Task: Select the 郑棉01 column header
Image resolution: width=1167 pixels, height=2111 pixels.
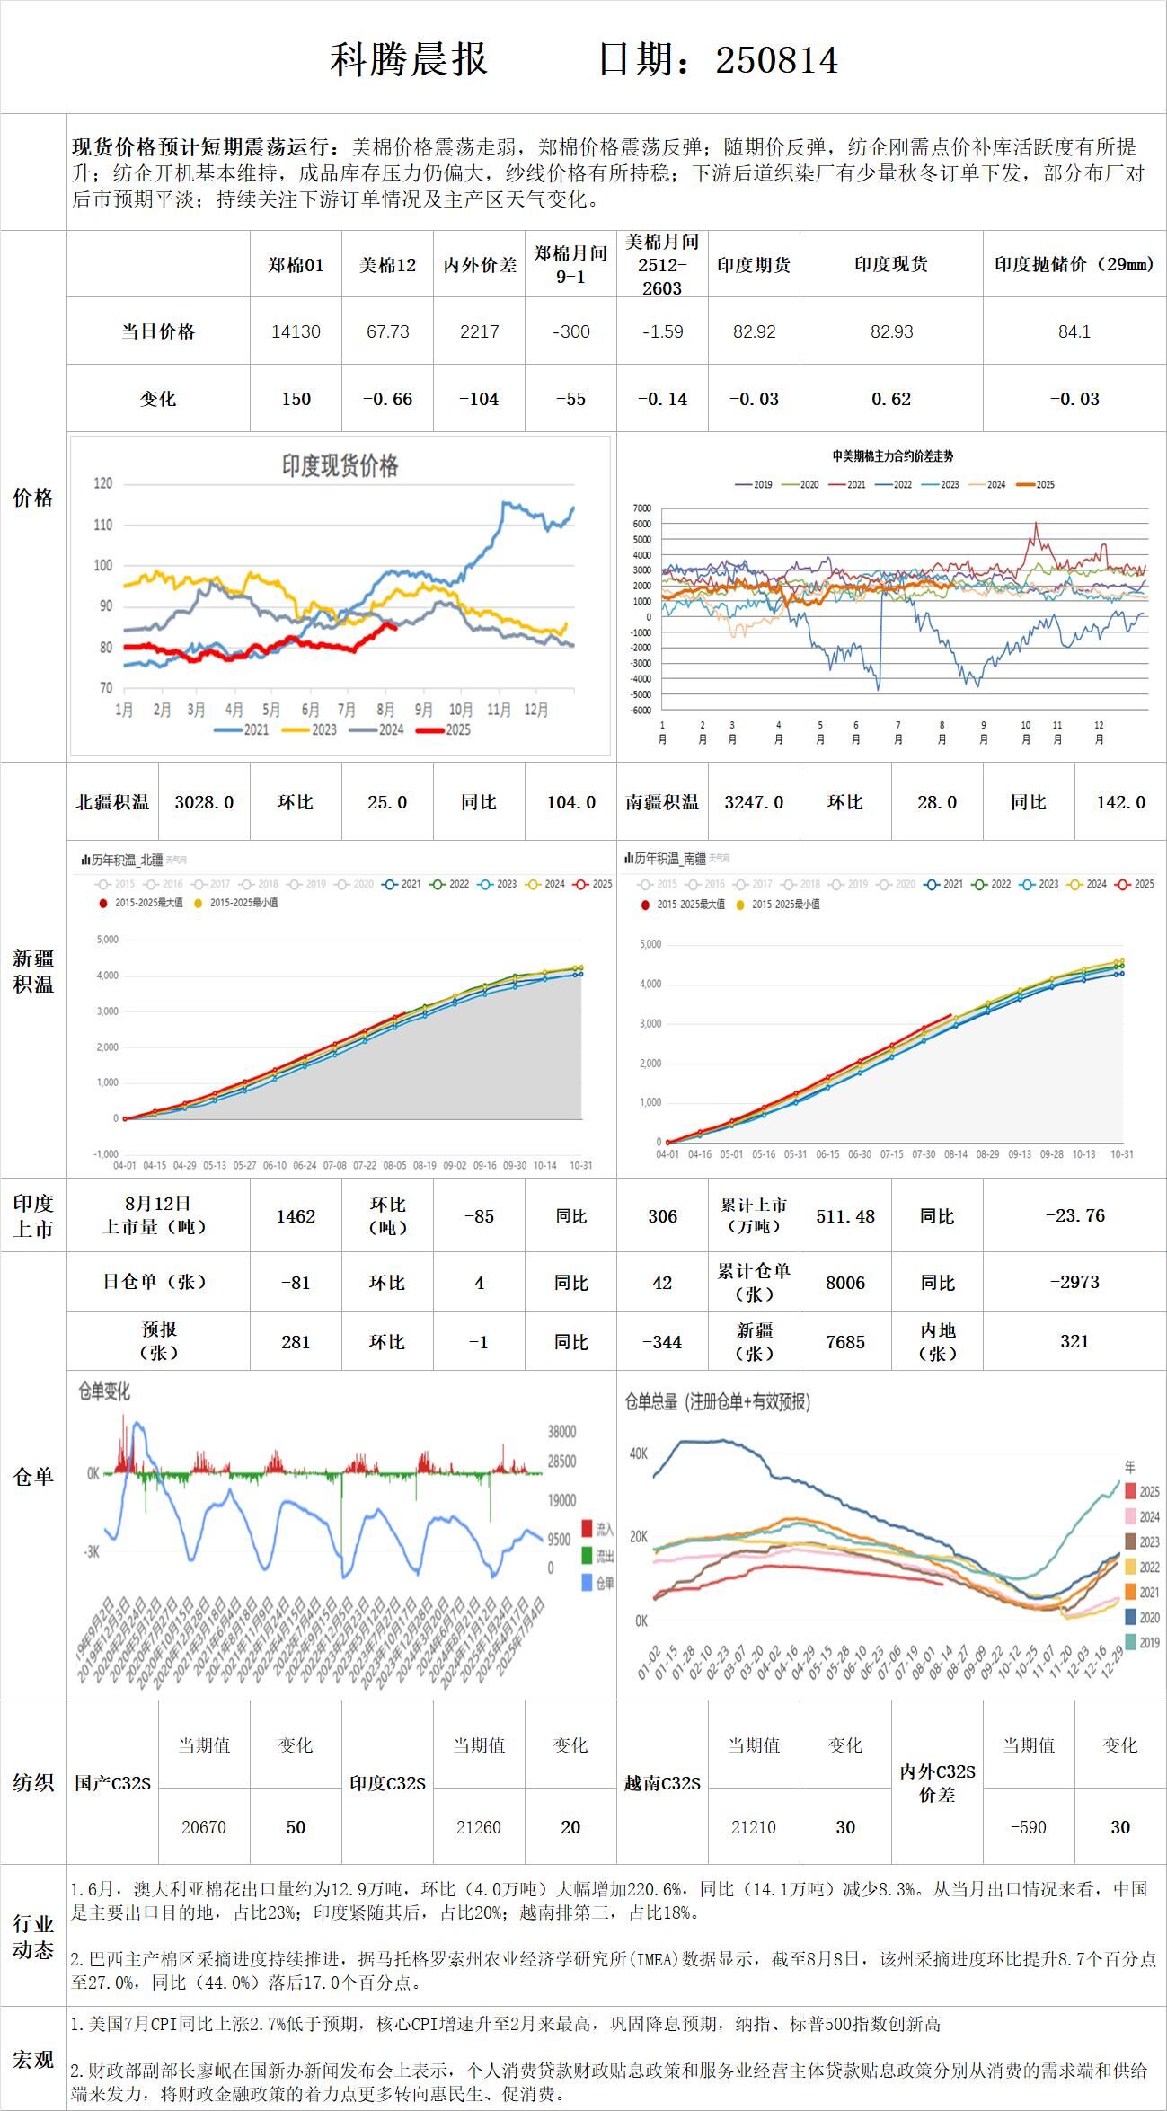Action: [296, 265]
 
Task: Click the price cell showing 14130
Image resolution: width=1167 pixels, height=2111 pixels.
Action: [296, 331]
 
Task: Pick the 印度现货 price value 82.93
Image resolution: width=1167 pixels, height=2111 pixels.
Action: [891, 331]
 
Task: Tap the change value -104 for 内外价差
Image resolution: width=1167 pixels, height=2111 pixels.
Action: [479, 399]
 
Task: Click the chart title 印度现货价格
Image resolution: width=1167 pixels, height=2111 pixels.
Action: [340, 465]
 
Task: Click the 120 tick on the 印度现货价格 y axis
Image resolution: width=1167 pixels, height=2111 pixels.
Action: [103, 483]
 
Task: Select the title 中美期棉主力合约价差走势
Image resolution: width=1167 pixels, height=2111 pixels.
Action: [892, 456]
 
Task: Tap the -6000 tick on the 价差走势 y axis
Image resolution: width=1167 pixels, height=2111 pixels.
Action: [641, 710]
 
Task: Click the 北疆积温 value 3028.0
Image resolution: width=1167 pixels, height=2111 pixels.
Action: [204, 802]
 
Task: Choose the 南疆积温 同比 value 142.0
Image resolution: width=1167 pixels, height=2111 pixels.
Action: [1120, 802]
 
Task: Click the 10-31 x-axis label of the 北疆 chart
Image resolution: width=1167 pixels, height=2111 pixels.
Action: [581, 1165]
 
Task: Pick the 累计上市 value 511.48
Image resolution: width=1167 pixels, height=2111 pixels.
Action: [844, 1215]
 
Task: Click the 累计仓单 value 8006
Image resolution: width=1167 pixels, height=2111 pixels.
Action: [844, 1283]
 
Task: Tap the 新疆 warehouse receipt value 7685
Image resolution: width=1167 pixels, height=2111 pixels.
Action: [844, 1342]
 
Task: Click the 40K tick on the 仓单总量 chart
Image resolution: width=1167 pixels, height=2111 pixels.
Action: [638, 1453]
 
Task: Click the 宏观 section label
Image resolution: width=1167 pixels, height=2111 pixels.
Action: [33, 2060]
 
